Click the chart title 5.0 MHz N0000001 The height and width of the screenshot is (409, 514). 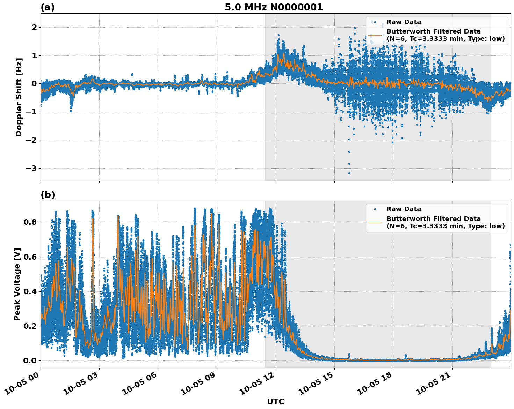(x=274, y=7)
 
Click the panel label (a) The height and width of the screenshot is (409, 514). (x=48, y=7)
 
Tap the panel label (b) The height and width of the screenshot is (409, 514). (x=48, y=195)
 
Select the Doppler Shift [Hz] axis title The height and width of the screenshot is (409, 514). (x=19, y=97)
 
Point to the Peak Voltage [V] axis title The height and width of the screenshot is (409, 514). (x=17, y=284)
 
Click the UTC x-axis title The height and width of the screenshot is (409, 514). (x=275, y=401)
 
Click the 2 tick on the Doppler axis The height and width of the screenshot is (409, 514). (x=34, y=28)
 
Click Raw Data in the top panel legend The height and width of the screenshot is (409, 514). (x=404, y=22)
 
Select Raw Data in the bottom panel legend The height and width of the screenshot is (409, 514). (x=404, y=209)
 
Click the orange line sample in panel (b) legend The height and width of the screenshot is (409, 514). (x=375, y=222)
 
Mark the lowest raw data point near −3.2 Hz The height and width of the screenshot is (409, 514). (x=349, y=173)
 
